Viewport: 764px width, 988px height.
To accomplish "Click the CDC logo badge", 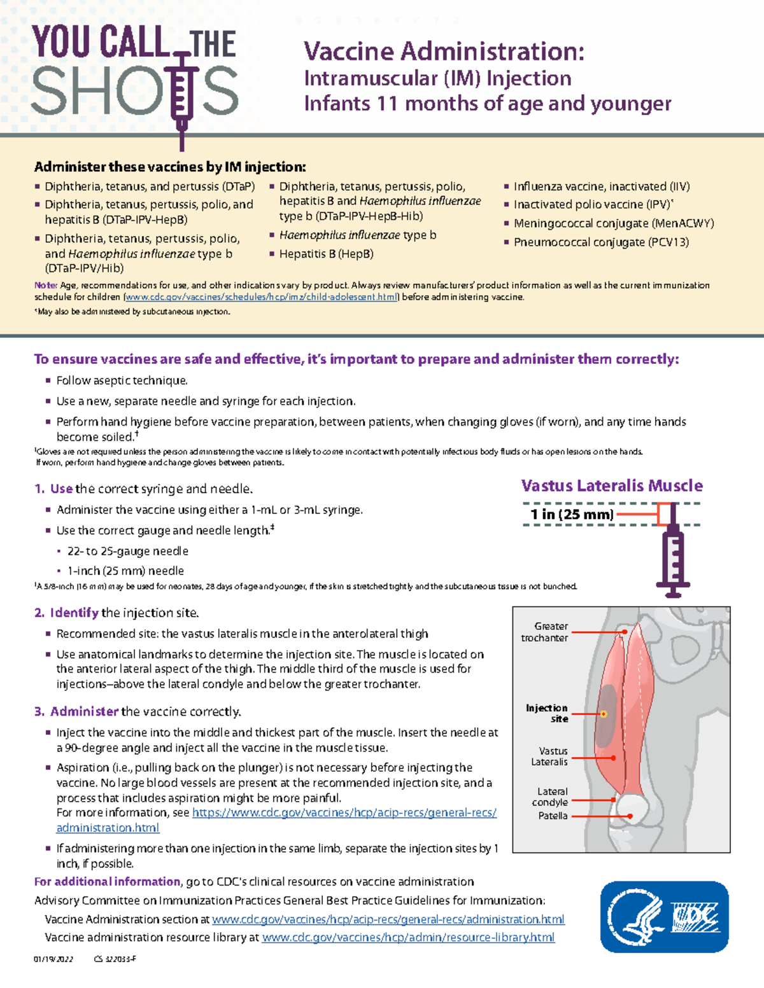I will [x=664, y=917].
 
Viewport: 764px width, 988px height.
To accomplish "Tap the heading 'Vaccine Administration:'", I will [x=444, y=51].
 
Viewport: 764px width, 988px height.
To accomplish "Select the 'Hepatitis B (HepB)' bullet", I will [x=326, y=254].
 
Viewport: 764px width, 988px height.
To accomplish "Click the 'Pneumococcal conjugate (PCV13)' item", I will [x=601, y=242].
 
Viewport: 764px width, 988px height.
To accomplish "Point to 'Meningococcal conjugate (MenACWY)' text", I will [x=614, y=223].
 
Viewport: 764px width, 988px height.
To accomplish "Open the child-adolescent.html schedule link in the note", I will [x=262, y=297].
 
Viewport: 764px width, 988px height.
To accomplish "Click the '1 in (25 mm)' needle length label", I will [x=572, y=514].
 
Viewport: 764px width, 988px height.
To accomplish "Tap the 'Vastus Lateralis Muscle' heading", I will [x=612, y=486].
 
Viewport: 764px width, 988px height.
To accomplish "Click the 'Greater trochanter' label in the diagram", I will [x=546, y=632].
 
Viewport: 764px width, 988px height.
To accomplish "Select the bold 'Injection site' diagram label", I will [x=548, y=713].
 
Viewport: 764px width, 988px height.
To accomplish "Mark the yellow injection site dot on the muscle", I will [x=604, y=714].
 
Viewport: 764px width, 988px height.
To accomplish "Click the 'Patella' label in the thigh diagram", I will [x=553, y=816].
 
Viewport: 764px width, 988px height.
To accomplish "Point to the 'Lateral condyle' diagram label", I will [x=551, y=797].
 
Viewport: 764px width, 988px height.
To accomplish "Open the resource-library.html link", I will [x=408, y=937].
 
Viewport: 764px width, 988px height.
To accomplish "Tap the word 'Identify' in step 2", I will [x=74, y=613].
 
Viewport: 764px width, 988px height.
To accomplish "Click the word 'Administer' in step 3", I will [x=84, y=711].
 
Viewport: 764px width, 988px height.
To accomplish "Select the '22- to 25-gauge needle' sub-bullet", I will [x=127, y=551].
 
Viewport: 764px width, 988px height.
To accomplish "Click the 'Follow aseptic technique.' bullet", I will [x=122, y=380].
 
